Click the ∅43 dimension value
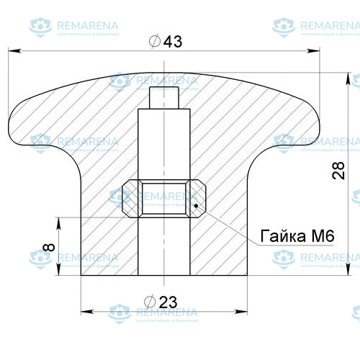coord(165,42)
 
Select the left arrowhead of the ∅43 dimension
coord(13,51)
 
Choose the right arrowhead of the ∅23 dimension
coord(245,312)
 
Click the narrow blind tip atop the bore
coord(165,96)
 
